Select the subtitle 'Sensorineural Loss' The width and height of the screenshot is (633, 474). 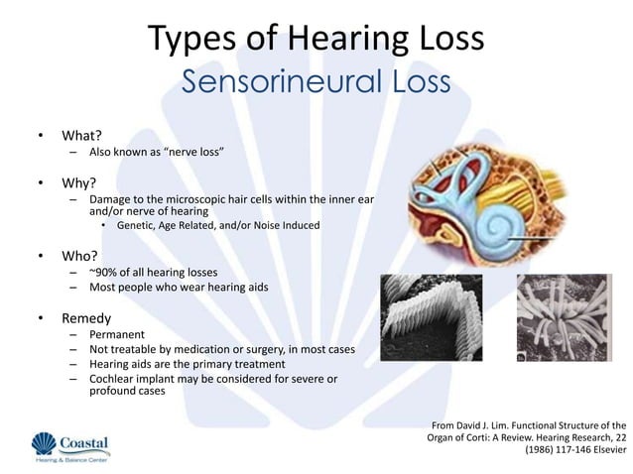pyautogui.click(x=316, y=82)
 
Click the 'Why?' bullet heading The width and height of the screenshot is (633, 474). pyautogui.click(x=78, y=183)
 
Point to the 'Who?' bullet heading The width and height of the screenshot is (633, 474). pyautogui.click(x=79, y=255)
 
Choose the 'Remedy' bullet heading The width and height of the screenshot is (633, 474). pyautogui.click(x=85, y=319)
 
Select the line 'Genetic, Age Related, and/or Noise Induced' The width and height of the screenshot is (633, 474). pyautogui.click(x=217, y=225)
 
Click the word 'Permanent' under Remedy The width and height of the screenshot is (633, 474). pyautogui.click(x=117, y=336)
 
